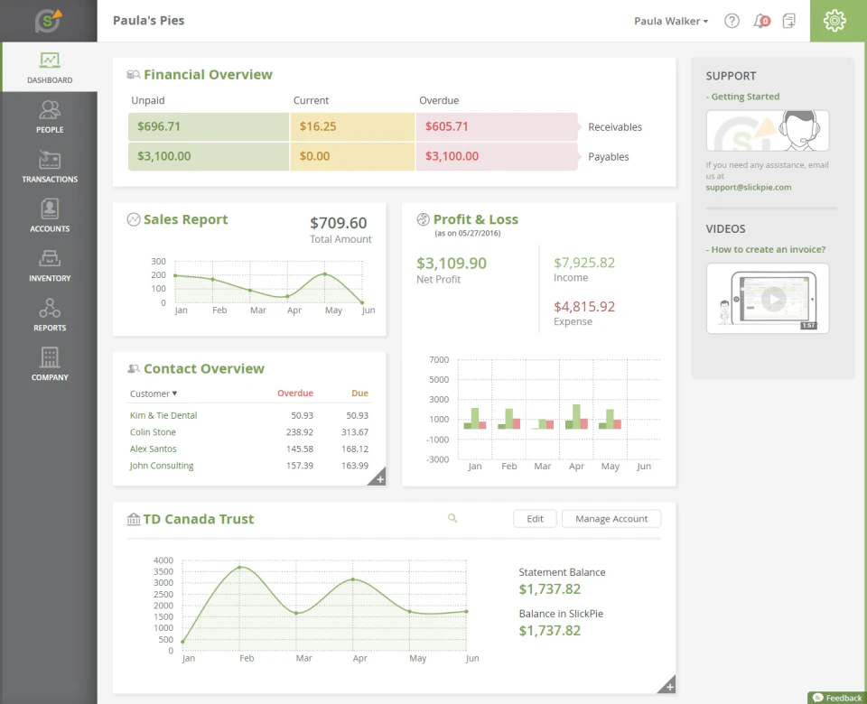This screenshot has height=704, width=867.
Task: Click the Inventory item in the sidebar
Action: click(49, 265)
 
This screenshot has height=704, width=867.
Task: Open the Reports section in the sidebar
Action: click(49, 315)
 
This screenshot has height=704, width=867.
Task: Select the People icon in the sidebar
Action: click(49, 116)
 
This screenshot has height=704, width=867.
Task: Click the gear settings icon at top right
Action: click(834, 21)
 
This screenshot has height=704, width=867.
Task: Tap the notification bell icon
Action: click(760, 21)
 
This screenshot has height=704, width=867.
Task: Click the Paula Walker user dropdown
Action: click(671, 21)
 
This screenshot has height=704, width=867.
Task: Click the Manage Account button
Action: click(611, 519)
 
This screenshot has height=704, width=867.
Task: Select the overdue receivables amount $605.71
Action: click(447, 127)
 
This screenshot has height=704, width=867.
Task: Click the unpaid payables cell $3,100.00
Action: click(164, 156)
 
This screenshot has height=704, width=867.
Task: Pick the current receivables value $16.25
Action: click(319, 127)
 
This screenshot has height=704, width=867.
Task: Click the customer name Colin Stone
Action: click(153, 432)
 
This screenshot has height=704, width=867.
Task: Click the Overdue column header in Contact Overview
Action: click(294, 394)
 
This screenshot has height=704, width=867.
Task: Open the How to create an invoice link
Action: click(768, 249)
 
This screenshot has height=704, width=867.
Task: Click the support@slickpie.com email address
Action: click(749, 188)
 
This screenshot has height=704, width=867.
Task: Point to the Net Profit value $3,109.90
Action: click(452, 264)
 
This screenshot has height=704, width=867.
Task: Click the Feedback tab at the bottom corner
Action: click(837, 698)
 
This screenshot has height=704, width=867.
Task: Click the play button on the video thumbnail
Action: click(773, 299)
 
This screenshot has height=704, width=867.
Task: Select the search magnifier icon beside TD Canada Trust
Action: click(452, 519)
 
